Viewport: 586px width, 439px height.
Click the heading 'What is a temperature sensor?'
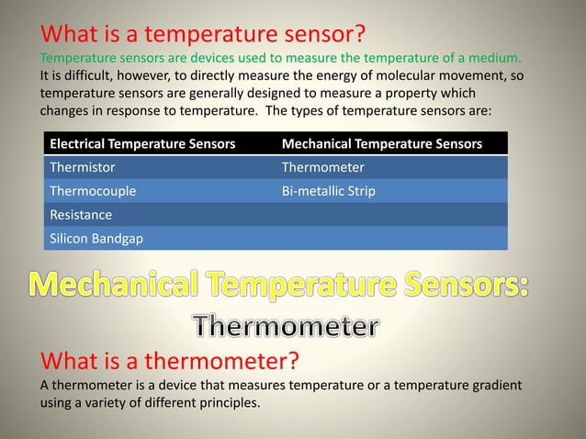click(203, 34)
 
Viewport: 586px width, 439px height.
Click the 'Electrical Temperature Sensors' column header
click(141, 144)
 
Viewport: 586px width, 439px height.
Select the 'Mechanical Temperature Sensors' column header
click(381, 144)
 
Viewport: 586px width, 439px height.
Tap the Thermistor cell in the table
click(83, 168)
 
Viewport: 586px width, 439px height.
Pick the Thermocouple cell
click(93, 192)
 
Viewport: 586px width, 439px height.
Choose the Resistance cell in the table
click(81, 215)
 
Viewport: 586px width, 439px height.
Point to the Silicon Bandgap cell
click(95, 238)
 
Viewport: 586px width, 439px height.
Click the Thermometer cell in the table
click(322, 168)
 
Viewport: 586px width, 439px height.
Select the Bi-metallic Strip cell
click(328, 192)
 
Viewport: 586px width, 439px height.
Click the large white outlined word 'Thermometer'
click(285, 325)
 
